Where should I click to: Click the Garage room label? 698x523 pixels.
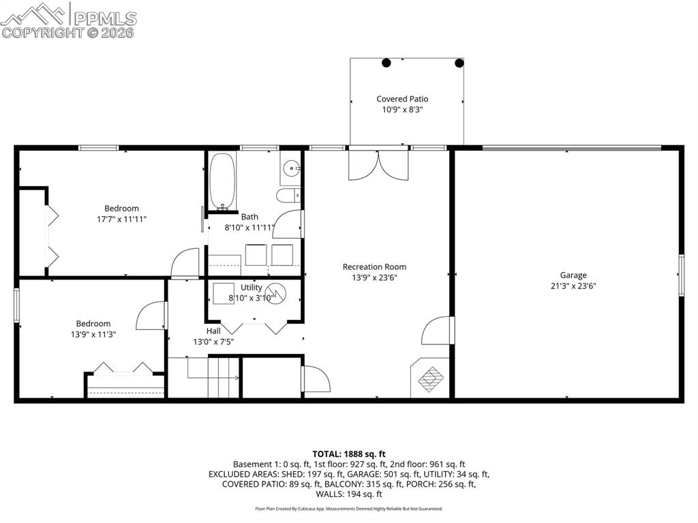(573, 275)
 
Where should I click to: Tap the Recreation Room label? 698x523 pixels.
(374, 267)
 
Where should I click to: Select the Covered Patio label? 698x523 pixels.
(402, 99)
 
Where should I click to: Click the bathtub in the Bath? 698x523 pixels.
(222, 181)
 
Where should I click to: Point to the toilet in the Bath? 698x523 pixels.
(288, 196)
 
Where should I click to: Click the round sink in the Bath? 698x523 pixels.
(292, 166)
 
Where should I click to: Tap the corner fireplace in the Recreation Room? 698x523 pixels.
(430, 378)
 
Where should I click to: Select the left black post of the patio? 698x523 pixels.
(386, 63)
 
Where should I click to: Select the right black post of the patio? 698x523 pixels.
(459, 63)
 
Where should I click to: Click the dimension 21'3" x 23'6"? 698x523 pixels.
(573, 286)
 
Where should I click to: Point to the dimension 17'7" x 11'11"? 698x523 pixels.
(122, 219)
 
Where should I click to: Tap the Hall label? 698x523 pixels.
(213, 330)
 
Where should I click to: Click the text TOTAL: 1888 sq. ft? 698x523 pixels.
(349, 453)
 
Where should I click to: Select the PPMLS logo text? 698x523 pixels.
(105, 18)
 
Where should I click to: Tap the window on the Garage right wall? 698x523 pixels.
(680, 275)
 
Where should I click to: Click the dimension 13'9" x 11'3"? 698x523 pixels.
(93, 334)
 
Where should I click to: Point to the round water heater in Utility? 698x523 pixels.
(276, 293)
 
